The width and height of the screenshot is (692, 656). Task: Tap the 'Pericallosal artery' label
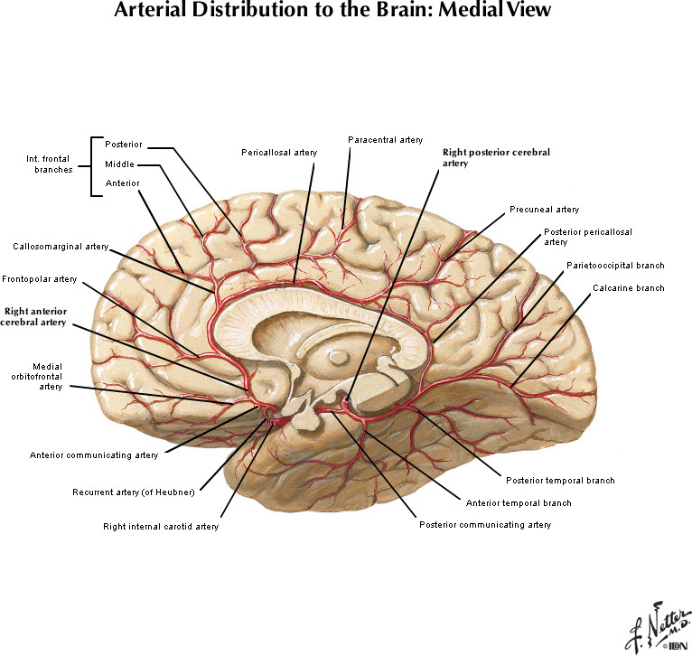coord(279,153)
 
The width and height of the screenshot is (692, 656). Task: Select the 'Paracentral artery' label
coord(385,139)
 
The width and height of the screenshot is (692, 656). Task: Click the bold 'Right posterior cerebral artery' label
coord(496,158)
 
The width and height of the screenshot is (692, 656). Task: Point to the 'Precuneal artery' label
coord(544,210)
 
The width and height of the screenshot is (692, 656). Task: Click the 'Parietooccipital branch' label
coord(615,266)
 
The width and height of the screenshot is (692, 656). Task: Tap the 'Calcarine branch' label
coord(628,288)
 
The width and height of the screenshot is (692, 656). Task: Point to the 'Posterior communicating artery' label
coord(485,525)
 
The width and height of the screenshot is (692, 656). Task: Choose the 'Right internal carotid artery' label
coord(160,526)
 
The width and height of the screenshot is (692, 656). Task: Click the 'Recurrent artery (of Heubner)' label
coord(134,492)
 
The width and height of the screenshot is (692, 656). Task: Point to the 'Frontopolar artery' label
coord(40,279)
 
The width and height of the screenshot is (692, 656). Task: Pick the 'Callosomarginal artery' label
coord(61,246)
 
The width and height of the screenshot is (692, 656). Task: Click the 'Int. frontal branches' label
coord(49,164)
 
